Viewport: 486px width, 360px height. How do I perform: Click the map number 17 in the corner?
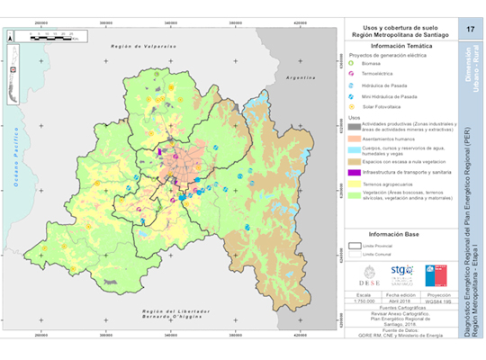point(470,31)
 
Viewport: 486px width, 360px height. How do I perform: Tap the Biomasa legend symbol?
point(352,64)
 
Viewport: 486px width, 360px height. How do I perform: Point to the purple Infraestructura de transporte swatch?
point(355,171)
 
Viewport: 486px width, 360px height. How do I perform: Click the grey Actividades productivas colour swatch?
point(355,128)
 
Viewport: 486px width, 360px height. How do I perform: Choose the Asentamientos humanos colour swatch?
point(355,140)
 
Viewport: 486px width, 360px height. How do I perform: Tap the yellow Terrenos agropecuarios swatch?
point(355,184)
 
